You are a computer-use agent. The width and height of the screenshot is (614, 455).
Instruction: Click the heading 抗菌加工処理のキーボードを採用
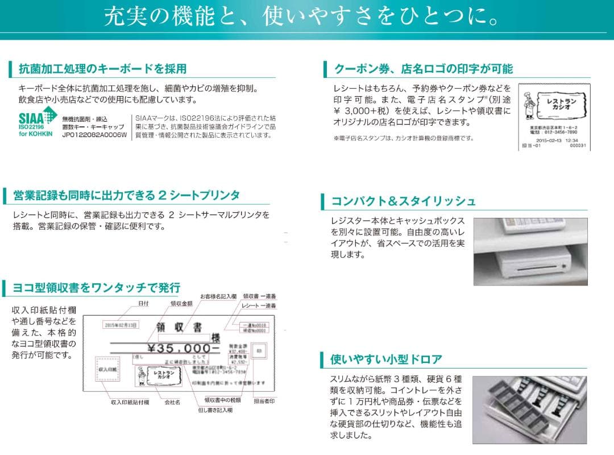coord(102,69)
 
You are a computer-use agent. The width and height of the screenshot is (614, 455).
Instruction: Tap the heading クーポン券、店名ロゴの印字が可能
coord(423,69)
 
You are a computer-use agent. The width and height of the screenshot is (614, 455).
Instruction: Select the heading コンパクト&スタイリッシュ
coord(403,201)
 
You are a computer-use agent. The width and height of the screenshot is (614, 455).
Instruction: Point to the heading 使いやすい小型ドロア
coord(386,359)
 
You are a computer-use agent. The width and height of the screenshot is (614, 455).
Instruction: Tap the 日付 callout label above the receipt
coord(143,304)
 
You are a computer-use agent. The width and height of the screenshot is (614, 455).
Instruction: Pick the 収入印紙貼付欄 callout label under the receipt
coord(130,402)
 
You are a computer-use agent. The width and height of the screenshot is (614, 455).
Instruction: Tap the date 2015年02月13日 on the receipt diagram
coord(121,325)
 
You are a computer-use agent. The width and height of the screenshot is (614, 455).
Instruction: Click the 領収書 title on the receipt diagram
coord(179,327)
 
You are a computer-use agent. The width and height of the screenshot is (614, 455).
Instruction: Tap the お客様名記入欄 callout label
coord(218,296)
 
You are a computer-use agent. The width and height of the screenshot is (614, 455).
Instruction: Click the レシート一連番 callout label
coord(259,306)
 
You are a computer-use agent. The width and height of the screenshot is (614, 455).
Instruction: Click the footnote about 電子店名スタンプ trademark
coord(403,138)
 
